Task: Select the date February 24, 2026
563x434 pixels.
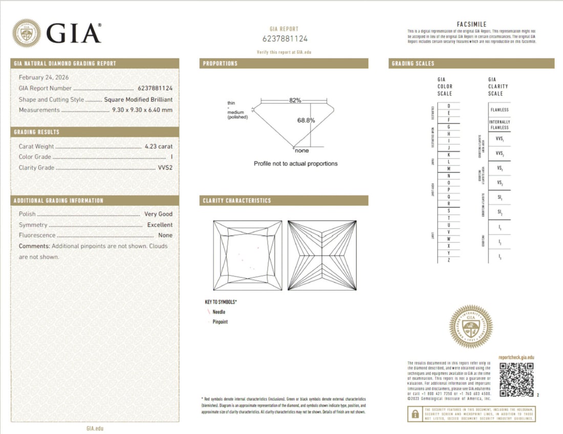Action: click(x=44, y=77)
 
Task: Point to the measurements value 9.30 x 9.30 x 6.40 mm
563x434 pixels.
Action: click(x=142, y=110)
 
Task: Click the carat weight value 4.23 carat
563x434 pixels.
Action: click(x=159, y=147)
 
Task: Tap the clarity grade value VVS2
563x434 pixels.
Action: click(x=164, y=168)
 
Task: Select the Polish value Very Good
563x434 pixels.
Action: click(x=159, y=214)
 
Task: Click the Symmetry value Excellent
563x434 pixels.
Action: click(x=160, y=225)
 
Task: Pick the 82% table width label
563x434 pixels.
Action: click(x=295, y=100)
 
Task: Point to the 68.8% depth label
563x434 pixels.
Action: click(x=306, y=120)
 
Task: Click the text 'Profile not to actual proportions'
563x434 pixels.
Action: click(x=295, y=163)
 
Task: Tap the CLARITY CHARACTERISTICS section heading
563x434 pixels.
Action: click(x=237, y=201)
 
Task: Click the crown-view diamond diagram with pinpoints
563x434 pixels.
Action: click(x=247, y=255)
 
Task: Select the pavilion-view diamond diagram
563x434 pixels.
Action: click(x=322, y=255)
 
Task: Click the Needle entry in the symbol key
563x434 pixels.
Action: click(x=219, y=312)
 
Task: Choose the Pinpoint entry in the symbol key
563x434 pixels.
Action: click(x=220, y=322)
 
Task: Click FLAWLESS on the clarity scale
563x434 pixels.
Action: click(x=499, y=110)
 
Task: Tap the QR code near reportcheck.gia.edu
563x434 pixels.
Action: click(x=516, y=380)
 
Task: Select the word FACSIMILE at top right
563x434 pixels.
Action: click(x=471, y=24)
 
